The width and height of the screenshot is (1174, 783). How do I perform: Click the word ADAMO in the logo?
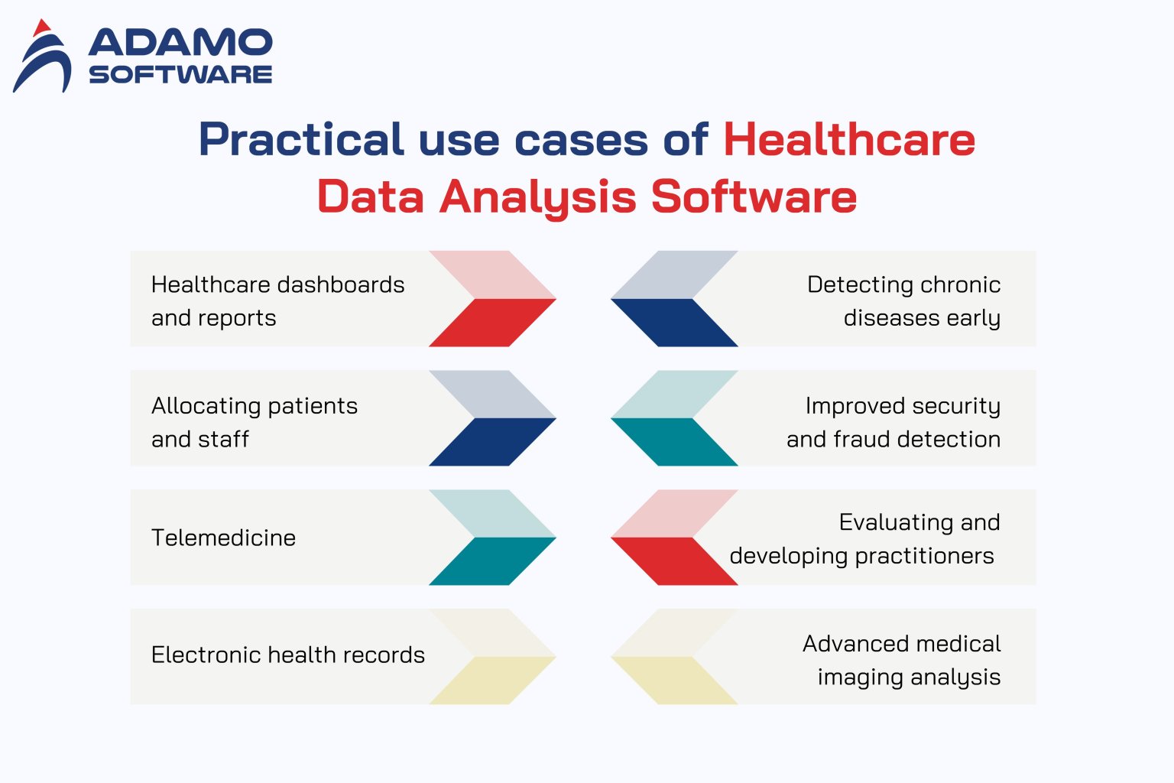(180, 43)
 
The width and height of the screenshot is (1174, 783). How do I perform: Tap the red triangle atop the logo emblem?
(41, 28)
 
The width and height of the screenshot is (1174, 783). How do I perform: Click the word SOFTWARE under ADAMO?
(180, 74)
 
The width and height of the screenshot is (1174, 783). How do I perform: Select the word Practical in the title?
(300, 140)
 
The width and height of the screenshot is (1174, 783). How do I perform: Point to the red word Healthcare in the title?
(848, 140)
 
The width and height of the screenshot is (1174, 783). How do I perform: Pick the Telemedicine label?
(223, 538)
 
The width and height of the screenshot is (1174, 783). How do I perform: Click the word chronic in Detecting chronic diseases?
(961, 284)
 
